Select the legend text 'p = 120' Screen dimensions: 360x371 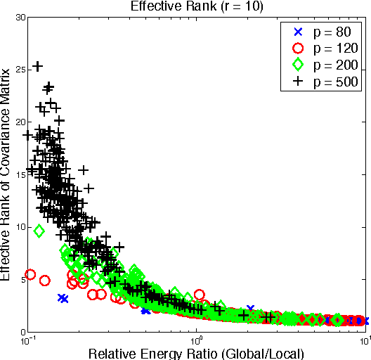[335, 49]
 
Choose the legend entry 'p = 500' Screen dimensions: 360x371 [335, 82]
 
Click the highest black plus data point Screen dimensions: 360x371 [38, 66]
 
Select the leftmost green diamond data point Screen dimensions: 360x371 [39, 231]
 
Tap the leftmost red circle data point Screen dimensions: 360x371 [30, 274]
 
